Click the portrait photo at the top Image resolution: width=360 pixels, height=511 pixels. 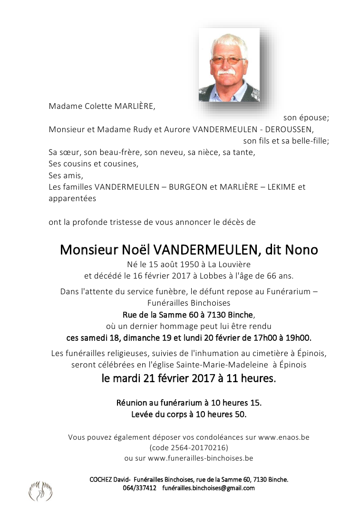(x=229, y=65)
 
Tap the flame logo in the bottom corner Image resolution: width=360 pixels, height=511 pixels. (x=40, y=491)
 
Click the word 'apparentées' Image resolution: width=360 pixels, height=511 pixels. (x=72, y=198)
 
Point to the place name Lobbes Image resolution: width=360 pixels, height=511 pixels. (x=217, y=275)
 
